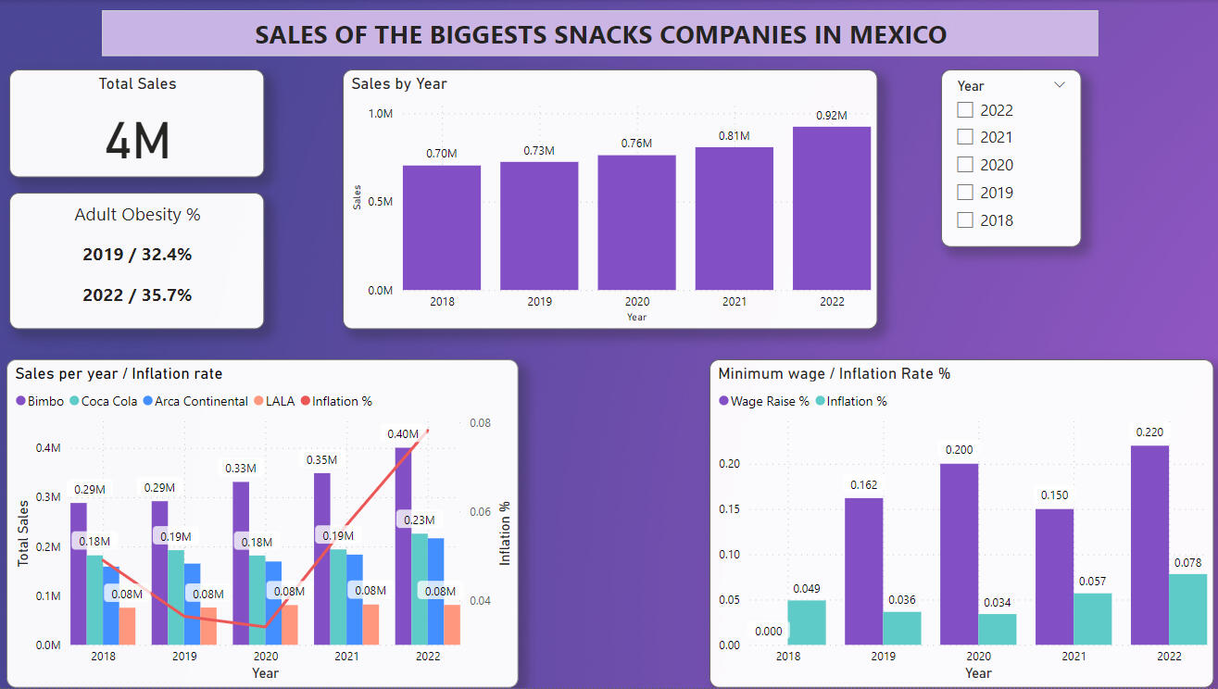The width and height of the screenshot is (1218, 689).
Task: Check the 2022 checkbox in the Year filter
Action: (x=965, y=110)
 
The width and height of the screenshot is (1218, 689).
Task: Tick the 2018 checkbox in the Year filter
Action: (x=965, y=220)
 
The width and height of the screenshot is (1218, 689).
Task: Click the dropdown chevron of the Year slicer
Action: (x=1060, y=85)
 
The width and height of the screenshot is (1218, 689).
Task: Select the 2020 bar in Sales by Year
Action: (x=636, y=222)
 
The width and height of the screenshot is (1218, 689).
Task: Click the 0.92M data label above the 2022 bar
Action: (x=831, y=116)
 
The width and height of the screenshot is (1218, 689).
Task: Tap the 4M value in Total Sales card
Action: (x=137, y=141)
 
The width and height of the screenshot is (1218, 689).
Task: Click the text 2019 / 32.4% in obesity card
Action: (x=137, y=255)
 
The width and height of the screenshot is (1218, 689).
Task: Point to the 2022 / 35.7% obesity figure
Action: (x=137, y=295)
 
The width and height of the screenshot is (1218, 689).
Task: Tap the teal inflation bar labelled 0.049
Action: (x=807, y=622)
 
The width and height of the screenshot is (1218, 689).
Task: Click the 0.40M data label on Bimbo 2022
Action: (x=403, y=433)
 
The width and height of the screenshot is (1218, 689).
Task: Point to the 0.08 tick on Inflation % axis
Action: (x=480, y=423)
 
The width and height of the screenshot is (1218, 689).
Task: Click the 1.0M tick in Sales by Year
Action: (x=381, y=114)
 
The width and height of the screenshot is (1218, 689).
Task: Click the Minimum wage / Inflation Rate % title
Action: (x=835, y=374)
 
